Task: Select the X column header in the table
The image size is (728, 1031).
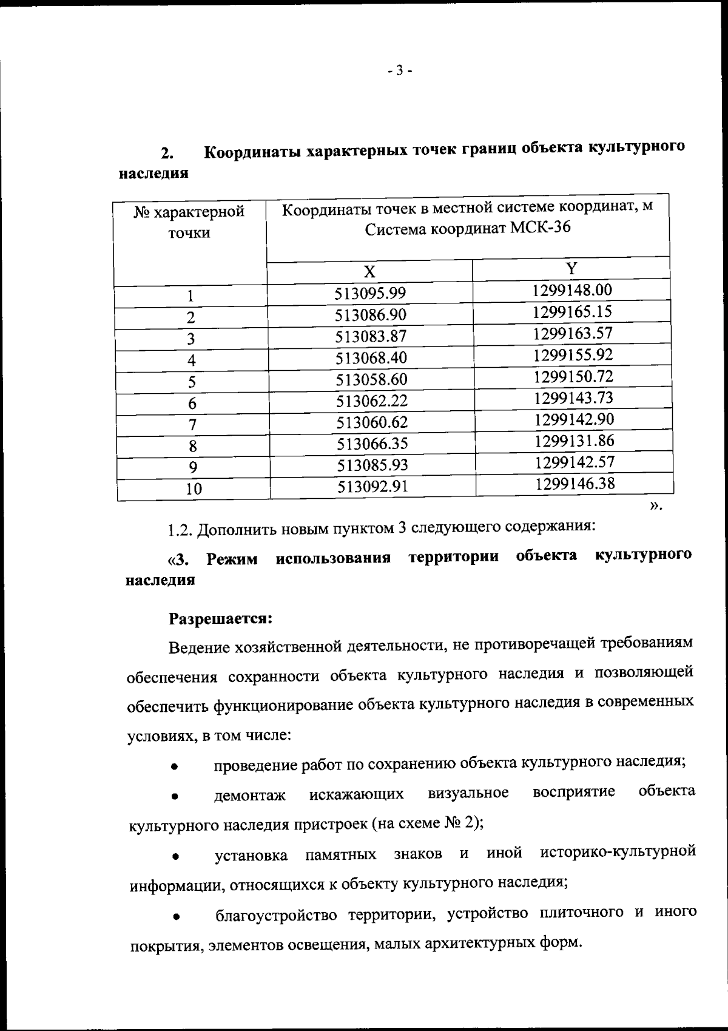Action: tap(369, 271)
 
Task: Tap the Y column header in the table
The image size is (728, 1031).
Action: tap(571, 268)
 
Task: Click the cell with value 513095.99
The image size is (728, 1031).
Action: tap(369, 294)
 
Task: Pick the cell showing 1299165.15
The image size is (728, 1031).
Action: tap(572, 312)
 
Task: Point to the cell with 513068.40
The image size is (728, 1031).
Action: tap(371, 358)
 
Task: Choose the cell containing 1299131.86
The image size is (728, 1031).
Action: tap(574, 441)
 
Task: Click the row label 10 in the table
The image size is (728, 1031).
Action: tap(194, 488)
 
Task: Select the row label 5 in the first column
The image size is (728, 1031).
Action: tap(192, 382)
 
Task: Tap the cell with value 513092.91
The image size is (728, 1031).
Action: tap(372, 486)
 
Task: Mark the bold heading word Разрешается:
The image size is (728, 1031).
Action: tap(221, 619)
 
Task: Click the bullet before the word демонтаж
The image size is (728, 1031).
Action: tap(174, 795)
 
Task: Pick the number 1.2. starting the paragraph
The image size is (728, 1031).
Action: tap(180, 529)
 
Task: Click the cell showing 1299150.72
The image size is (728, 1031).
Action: tap(573, 376)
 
